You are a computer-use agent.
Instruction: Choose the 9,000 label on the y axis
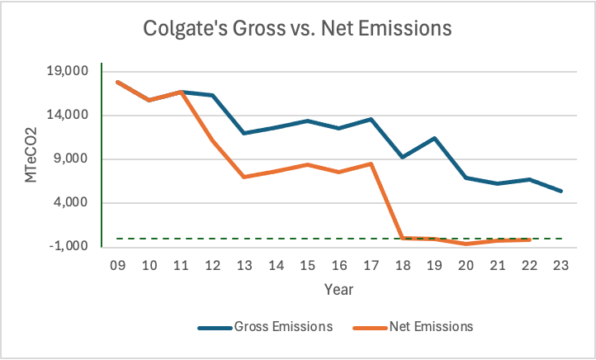(x=70, y=159)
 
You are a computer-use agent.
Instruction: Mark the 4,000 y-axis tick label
(x=70, y=202)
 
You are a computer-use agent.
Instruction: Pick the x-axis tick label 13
(x=244, y=266)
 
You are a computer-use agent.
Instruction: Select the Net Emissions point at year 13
(x=244, y=177)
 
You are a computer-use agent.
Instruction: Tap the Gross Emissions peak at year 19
(x=433, y=138)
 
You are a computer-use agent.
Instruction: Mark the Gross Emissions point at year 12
(x=213, y=95)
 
